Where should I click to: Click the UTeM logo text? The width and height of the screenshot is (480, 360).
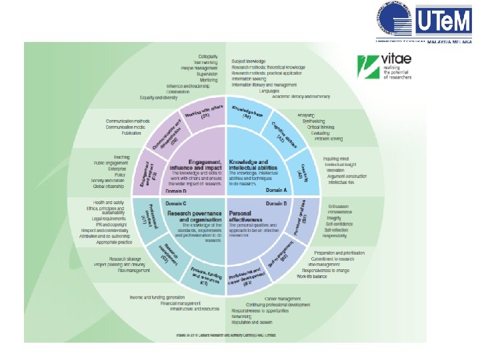444,21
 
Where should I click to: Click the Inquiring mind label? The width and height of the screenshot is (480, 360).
337,158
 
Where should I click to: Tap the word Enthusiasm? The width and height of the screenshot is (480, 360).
339,207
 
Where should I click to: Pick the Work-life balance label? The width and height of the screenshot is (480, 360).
312,275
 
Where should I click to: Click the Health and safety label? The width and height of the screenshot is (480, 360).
109,201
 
